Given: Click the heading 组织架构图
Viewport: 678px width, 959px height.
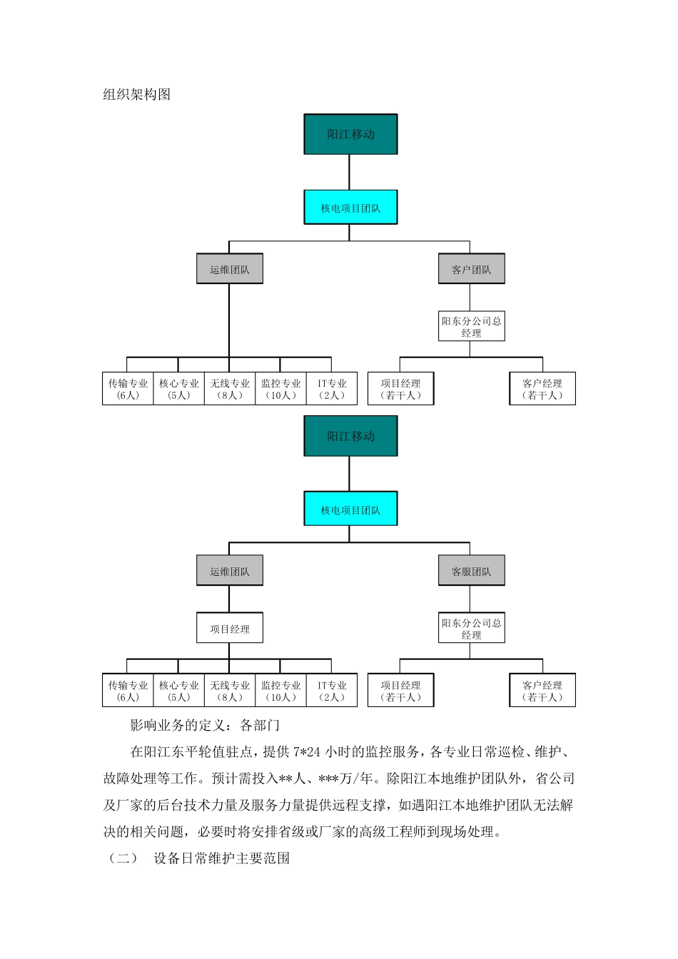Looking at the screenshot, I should [x=137, y=95].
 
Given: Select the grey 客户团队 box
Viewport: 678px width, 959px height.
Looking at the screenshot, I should [x=471, y=269].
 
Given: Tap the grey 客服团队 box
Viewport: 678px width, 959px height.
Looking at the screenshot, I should [x=471, y=571].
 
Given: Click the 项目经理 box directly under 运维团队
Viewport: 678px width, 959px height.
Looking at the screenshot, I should [x=230, y=629].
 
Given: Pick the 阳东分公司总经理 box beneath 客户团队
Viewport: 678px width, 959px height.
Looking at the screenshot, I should [x=471, y=327].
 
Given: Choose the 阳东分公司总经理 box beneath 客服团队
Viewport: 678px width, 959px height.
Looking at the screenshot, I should [x=471, y=629].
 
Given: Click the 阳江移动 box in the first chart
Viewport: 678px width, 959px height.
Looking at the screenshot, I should [x=350, y=134].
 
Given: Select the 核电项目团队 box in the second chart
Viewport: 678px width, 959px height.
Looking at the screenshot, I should [x=350, y=509].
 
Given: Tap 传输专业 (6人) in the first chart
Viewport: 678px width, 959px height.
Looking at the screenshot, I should [x=128, y=389].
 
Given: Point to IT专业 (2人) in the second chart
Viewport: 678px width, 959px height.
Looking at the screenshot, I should [x=332, y=691].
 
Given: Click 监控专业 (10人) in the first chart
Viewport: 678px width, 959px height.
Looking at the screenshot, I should [x=281, y=389].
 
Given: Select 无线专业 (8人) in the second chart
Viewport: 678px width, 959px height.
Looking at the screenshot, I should [x=230, y=691].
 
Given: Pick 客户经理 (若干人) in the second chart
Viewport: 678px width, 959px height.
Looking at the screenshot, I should [x=542, y=691].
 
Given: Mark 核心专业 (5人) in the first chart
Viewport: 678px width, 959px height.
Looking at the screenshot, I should [x=179, y=389].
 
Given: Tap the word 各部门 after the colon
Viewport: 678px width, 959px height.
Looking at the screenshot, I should [x=260, y=726].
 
